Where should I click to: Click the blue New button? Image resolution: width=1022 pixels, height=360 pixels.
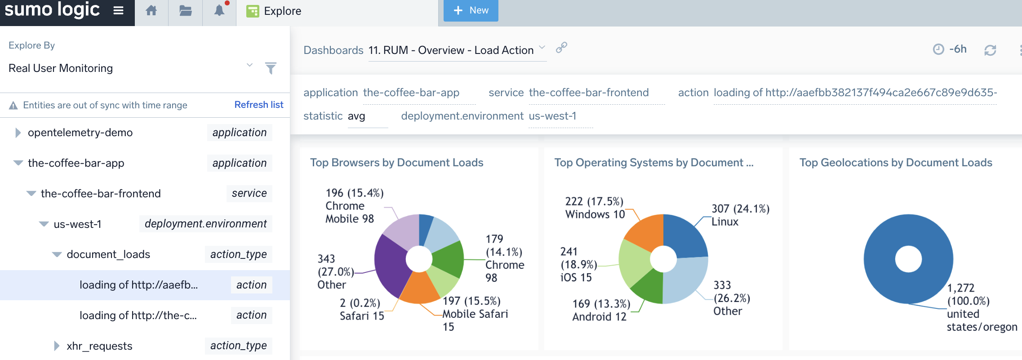click(471, 10)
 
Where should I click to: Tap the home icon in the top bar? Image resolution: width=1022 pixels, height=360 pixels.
click(151, 11)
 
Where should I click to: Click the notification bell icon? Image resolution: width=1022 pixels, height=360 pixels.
click(219, 11)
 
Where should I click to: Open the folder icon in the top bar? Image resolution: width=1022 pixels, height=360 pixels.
click(186, 11)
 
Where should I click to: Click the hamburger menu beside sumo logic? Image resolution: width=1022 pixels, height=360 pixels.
click(118, 10)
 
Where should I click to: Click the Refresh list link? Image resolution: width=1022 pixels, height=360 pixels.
click(258, 105)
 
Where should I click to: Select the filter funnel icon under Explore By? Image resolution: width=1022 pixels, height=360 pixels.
click(271, 68)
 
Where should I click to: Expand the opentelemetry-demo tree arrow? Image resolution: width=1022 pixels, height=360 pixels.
click(18, 133)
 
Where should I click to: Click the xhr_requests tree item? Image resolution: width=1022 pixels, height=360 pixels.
click(99, 346)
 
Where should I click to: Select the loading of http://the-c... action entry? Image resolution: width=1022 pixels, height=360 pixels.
click(138, 315)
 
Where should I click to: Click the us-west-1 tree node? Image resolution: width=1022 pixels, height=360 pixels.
click(77, 224)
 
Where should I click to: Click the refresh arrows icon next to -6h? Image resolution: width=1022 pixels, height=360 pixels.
click(990, 50)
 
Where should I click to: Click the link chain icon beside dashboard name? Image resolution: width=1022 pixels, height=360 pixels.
click(561, 48)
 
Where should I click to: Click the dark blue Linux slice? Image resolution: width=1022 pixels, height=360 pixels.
click(684, 236)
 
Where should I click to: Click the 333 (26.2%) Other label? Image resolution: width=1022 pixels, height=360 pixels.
click(731, 298)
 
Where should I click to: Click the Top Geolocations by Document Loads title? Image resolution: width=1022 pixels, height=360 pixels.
click(895, 163)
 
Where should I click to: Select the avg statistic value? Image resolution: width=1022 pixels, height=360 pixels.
click(356, 116)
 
